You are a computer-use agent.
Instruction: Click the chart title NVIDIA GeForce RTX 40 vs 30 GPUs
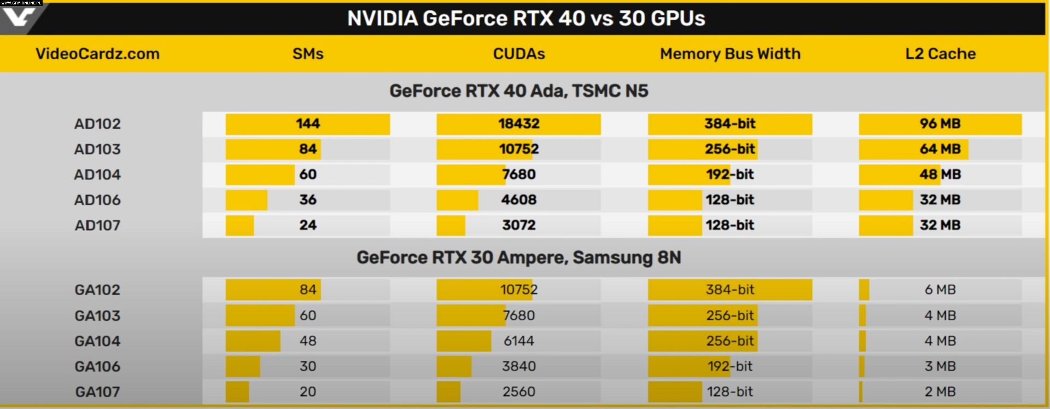[526, 19]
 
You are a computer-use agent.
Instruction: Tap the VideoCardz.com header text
[97, 54]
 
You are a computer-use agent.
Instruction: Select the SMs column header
[308, 54]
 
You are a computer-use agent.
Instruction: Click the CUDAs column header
[519, 54]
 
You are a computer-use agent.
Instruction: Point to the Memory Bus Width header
[730, 54]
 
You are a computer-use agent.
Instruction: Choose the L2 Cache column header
[940, 54]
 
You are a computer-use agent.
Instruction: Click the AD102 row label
[97, 124]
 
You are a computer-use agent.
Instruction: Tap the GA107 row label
[97, 392]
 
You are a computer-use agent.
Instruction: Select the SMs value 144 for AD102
[308, 124]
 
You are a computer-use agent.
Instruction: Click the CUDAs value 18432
[519, 124]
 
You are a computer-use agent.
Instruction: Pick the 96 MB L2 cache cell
[940, 124]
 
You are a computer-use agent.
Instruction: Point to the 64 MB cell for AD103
[940, 149]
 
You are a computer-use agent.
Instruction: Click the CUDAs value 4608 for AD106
[519, 200]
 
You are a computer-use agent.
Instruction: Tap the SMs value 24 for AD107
[308, 225]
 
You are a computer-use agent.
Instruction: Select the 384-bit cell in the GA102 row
[730, 290]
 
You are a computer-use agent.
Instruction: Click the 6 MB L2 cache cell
[940, 290]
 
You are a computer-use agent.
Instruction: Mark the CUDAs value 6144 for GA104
[519, 341]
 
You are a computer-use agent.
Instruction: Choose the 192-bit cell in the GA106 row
[730, 366]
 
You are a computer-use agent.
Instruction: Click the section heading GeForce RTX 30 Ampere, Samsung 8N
[518, 258]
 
